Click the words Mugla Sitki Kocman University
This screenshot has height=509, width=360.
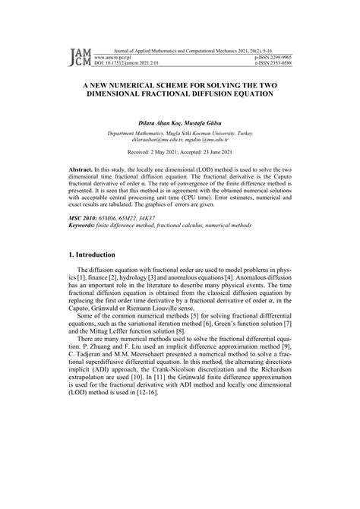(x=204, y=132)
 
